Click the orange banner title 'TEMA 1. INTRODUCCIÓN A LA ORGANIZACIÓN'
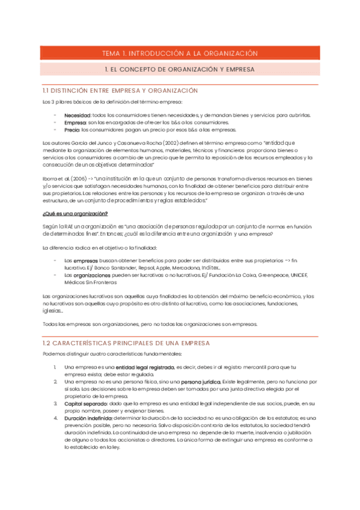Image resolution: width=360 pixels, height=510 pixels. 180,54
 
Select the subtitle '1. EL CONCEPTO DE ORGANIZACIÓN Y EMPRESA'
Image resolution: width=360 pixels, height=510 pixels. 180,70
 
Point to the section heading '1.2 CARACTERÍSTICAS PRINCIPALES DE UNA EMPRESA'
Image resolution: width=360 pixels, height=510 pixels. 126,343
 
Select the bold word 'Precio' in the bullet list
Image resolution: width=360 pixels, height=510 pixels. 72,130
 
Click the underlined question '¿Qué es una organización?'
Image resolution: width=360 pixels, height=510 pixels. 75,214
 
